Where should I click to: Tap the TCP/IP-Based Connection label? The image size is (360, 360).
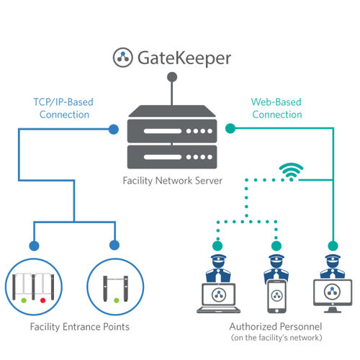[x=63, y=108]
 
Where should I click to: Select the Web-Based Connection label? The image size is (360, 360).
[x=276, y=108]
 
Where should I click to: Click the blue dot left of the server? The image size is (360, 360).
[x=113, y=130]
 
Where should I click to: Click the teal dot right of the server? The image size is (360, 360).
[x=230, y=130]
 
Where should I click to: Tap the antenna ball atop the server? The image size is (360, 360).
[x=171, y=77]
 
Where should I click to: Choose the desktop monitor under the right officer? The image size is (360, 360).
[x=331, y=294]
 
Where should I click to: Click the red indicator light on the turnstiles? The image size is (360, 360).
[x=43, y=297]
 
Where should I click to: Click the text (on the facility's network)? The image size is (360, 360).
[x=274, y=338]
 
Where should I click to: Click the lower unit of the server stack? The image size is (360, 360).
[x=171, y=153]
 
